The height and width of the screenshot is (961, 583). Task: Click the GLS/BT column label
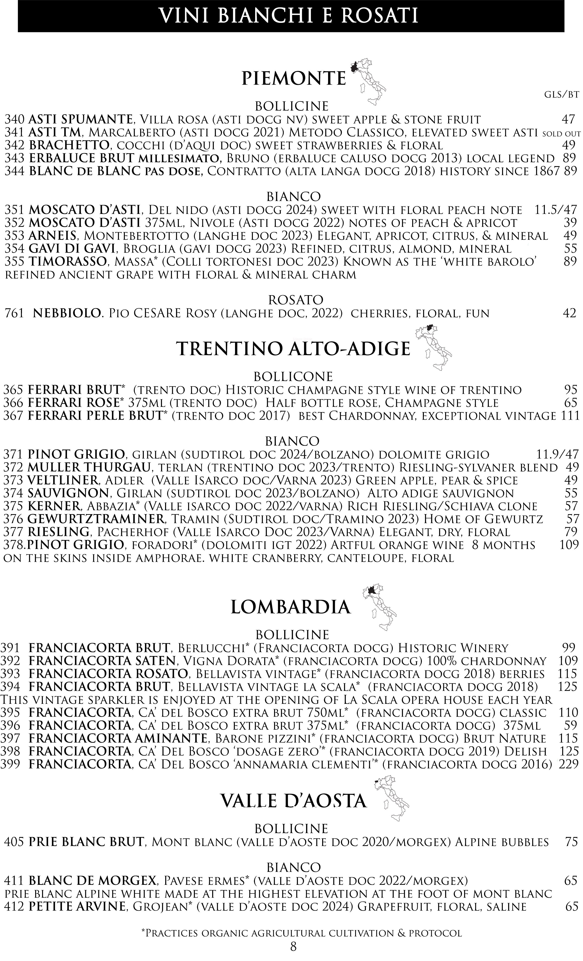(x=561, y=94)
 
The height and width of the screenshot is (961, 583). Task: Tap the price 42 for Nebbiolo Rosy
(x=569, y=313)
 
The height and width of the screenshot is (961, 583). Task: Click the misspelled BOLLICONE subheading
(x=293, y=376)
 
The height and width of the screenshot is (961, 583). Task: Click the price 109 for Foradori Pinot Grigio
(x=569, y=545)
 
